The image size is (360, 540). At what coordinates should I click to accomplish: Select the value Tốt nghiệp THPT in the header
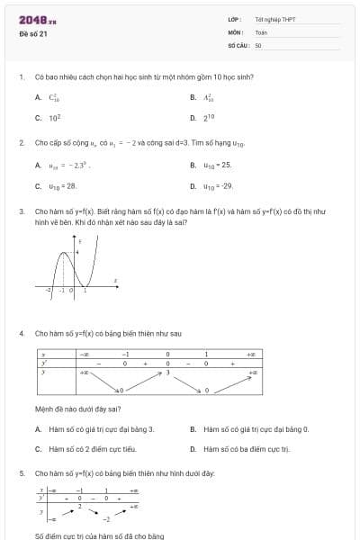pos(274,19)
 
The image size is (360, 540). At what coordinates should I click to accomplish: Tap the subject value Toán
pos(261,31)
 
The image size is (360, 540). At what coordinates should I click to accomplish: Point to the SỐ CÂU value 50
pos(258,44)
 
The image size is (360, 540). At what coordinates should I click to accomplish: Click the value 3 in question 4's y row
pos(166,372)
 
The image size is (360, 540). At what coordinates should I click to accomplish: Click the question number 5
pos(21,472)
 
